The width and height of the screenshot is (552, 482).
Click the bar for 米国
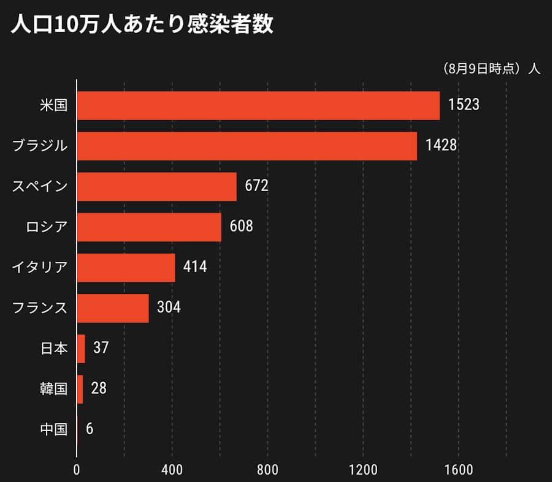(258, 105)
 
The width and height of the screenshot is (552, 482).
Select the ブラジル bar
(247, 146)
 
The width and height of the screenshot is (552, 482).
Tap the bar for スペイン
(156, 186)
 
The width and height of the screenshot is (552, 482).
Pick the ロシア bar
(149, 227)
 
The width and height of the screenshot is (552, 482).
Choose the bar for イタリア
(126, 268)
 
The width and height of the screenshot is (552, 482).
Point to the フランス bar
(113, 308)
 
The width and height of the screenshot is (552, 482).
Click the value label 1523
(463, 105)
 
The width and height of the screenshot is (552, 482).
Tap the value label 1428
(441, 146)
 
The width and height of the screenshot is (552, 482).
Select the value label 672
(256, 186)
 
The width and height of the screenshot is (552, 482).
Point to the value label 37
(101, 348)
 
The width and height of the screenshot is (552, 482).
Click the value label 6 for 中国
(90, 429)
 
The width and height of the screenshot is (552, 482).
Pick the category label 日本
(53, 348)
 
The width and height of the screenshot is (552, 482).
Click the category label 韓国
(53, 389)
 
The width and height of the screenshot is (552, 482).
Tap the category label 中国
(53, 429)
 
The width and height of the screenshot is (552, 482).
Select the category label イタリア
(40, 268)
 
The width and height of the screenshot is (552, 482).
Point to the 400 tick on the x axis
(172, 470)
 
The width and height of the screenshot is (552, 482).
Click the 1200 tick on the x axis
(363, 470)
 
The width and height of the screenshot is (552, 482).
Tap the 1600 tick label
(458, 470)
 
